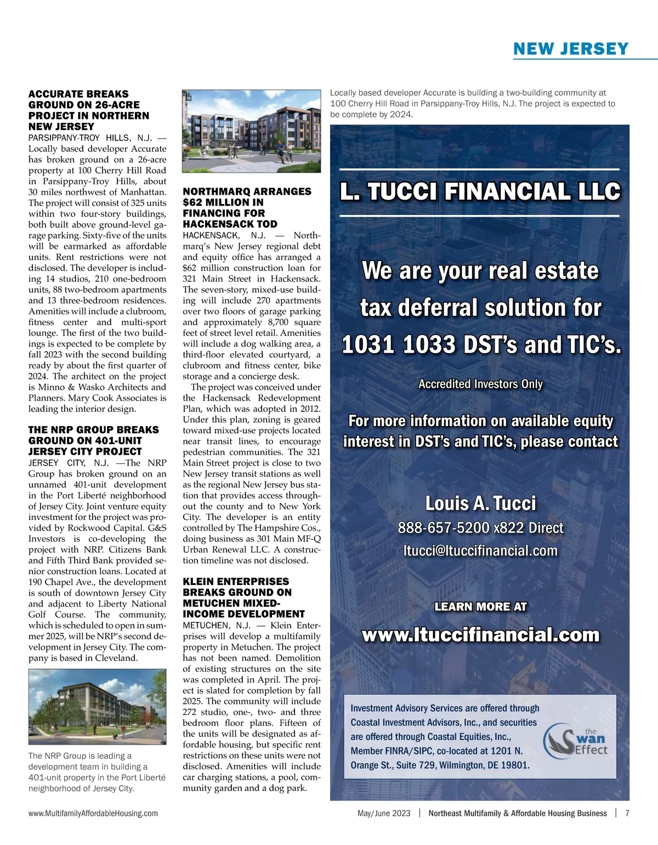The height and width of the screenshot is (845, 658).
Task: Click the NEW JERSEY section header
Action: click(570, 49)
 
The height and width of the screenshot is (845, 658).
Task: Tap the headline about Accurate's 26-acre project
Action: click(88, 110)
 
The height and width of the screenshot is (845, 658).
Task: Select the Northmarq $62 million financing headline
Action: click(247, 207)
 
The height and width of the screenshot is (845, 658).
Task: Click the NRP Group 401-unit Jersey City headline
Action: click(93, 440)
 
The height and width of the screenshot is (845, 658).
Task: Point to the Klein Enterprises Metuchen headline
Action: click(244, 597)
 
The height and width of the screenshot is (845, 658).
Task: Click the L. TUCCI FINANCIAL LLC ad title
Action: click(480, 192)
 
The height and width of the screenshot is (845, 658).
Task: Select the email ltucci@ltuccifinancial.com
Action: click(480, 550)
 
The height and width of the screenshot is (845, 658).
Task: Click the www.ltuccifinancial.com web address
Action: click(480, 634)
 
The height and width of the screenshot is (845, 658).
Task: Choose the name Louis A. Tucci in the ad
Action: click(480, 503)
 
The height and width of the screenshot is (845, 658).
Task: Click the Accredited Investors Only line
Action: click(480, 384)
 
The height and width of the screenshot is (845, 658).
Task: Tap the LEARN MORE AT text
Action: click(480, 606)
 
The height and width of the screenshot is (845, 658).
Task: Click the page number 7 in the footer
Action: click(627, 813)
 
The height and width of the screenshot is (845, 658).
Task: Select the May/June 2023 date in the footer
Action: click(383, 813)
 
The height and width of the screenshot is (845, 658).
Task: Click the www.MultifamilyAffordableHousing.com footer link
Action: click(93, 813)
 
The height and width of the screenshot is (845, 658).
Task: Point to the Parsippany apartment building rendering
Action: click(252, 131)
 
